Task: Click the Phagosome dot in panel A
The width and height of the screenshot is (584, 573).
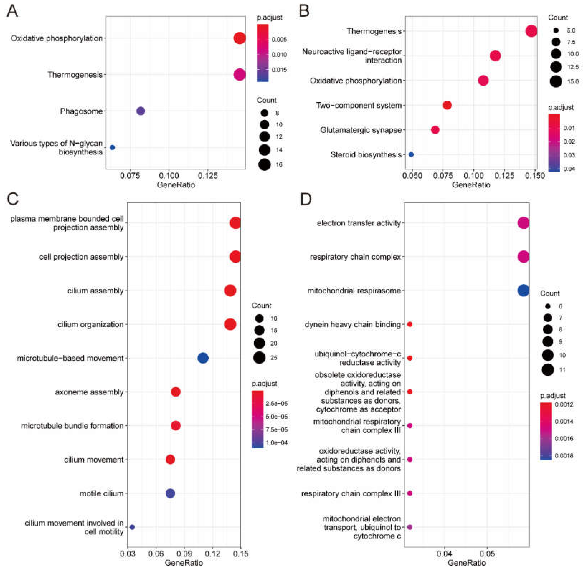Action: click(x=141, y=111)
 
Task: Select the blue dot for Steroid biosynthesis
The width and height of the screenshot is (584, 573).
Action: click(x=411, y=154)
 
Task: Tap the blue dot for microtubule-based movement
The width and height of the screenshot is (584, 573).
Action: click(x=203, y=358)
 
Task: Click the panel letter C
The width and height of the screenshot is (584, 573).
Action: click(x=13, y=199)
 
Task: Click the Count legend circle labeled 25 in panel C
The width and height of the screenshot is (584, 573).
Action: click(x=259, y=358)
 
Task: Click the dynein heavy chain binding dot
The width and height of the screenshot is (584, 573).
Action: click(x=410, y=324)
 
